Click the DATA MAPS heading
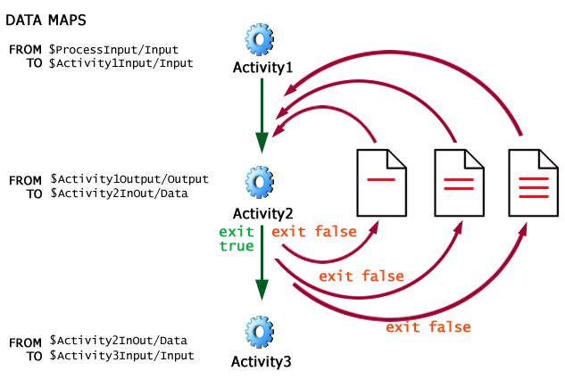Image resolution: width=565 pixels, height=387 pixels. coord(47,19)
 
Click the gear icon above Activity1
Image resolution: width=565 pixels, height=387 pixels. coord(260,39)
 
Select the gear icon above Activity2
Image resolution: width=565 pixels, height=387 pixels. coord(260,182)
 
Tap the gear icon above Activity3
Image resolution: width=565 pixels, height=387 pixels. coord(260,330)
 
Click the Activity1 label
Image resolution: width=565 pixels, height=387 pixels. coord(262,67)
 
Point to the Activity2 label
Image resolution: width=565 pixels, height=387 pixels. coord(262,212)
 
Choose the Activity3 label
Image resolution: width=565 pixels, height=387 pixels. coord(262,361)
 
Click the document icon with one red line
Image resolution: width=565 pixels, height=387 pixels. coord(382,182)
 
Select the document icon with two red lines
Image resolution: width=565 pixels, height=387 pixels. coord(458,182)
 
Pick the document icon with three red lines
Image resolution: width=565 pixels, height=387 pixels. coord(533,182)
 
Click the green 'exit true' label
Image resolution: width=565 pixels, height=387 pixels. coord(237,239)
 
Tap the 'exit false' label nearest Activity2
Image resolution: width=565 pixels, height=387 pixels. coord(314,232)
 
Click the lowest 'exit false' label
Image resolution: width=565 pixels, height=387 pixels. coord(428,327)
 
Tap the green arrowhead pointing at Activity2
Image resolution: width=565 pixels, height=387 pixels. coord(262,143)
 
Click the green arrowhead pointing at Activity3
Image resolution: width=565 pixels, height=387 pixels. coord(262,289)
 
